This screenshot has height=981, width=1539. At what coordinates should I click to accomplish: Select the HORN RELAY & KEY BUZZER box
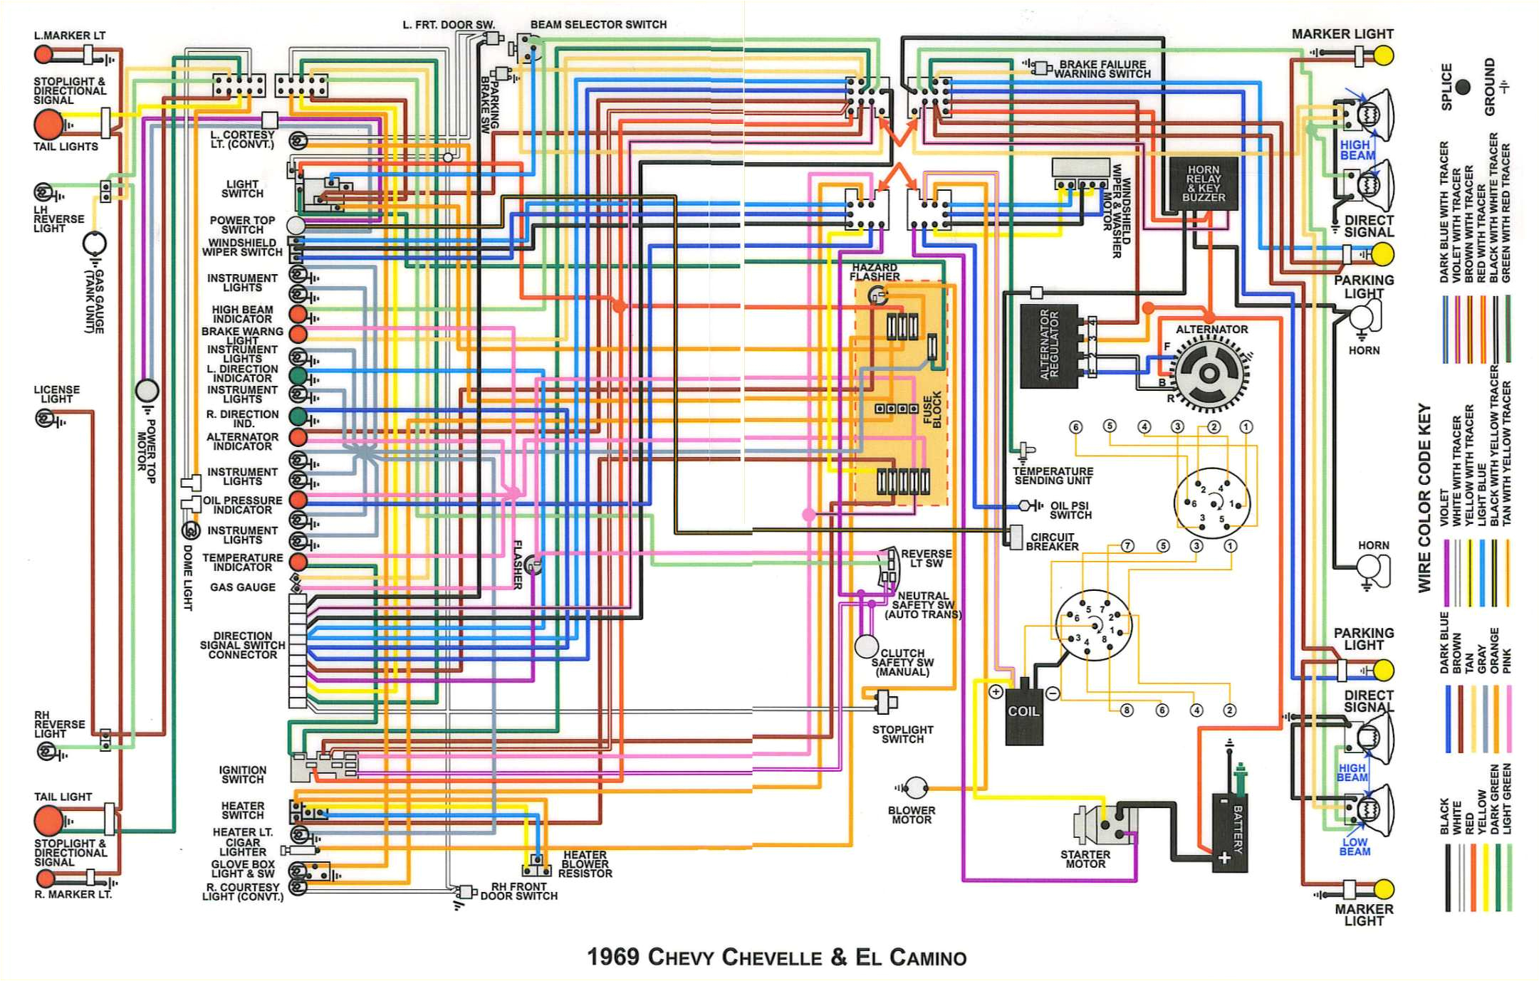1203,184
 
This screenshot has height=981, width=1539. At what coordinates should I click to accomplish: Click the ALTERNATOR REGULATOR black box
1048,346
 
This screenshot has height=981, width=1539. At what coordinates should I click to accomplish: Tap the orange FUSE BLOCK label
932,409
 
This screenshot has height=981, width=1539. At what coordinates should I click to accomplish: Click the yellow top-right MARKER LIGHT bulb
1382,55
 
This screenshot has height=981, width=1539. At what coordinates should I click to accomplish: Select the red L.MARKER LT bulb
43,54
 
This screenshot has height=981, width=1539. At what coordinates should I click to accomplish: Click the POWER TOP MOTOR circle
147,390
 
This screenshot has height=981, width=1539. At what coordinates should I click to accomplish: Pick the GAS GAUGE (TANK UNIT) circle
94,243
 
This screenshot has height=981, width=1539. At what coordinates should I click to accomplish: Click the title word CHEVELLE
772,958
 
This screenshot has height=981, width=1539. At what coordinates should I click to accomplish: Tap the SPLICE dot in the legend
1463,87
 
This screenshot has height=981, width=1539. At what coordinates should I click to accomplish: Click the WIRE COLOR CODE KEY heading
1424,498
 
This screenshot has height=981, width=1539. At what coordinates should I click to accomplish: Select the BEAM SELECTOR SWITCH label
598,24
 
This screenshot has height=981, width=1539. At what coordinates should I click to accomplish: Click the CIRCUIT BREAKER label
1052,542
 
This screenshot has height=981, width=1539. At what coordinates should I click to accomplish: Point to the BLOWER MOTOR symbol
916,787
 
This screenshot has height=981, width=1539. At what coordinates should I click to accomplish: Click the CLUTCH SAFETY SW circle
866,646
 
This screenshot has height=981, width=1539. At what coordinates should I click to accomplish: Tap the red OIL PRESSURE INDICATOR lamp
298,500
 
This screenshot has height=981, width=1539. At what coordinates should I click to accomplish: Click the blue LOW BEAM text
1354,846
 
